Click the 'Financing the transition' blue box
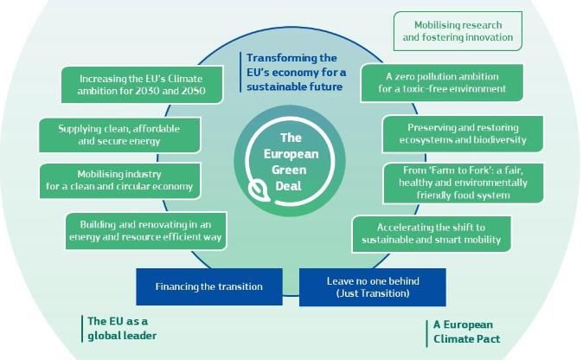[x=209, y=286]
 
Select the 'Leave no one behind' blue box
[x=373, y=287]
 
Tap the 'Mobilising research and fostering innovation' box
[x=458, y=31]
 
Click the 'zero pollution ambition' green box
[x=442, y=83]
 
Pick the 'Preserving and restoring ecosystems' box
[x=463, y=134]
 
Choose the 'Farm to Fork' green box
[x=463, y=183]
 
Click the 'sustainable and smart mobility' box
[x=432, y=234]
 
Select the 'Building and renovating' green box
[x=145, y=231]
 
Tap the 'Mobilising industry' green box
[x=119, y=180]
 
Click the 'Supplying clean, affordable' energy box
[x=119, y=135]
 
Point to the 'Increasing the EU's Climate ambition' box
[x=142, y=85]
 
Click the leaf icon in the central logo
[x=259, y=190]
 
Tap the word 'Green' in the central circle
[x=289, y=170]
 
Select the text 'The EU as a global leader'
[x=122, y=328]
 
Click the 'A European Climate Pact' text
[x=466, y=332]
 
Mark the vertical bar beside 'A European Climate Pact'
[x=426, y=333]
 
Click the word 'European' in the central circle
[x=291, y=154]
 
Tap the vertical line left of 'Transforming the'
[x=240, y=72]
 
